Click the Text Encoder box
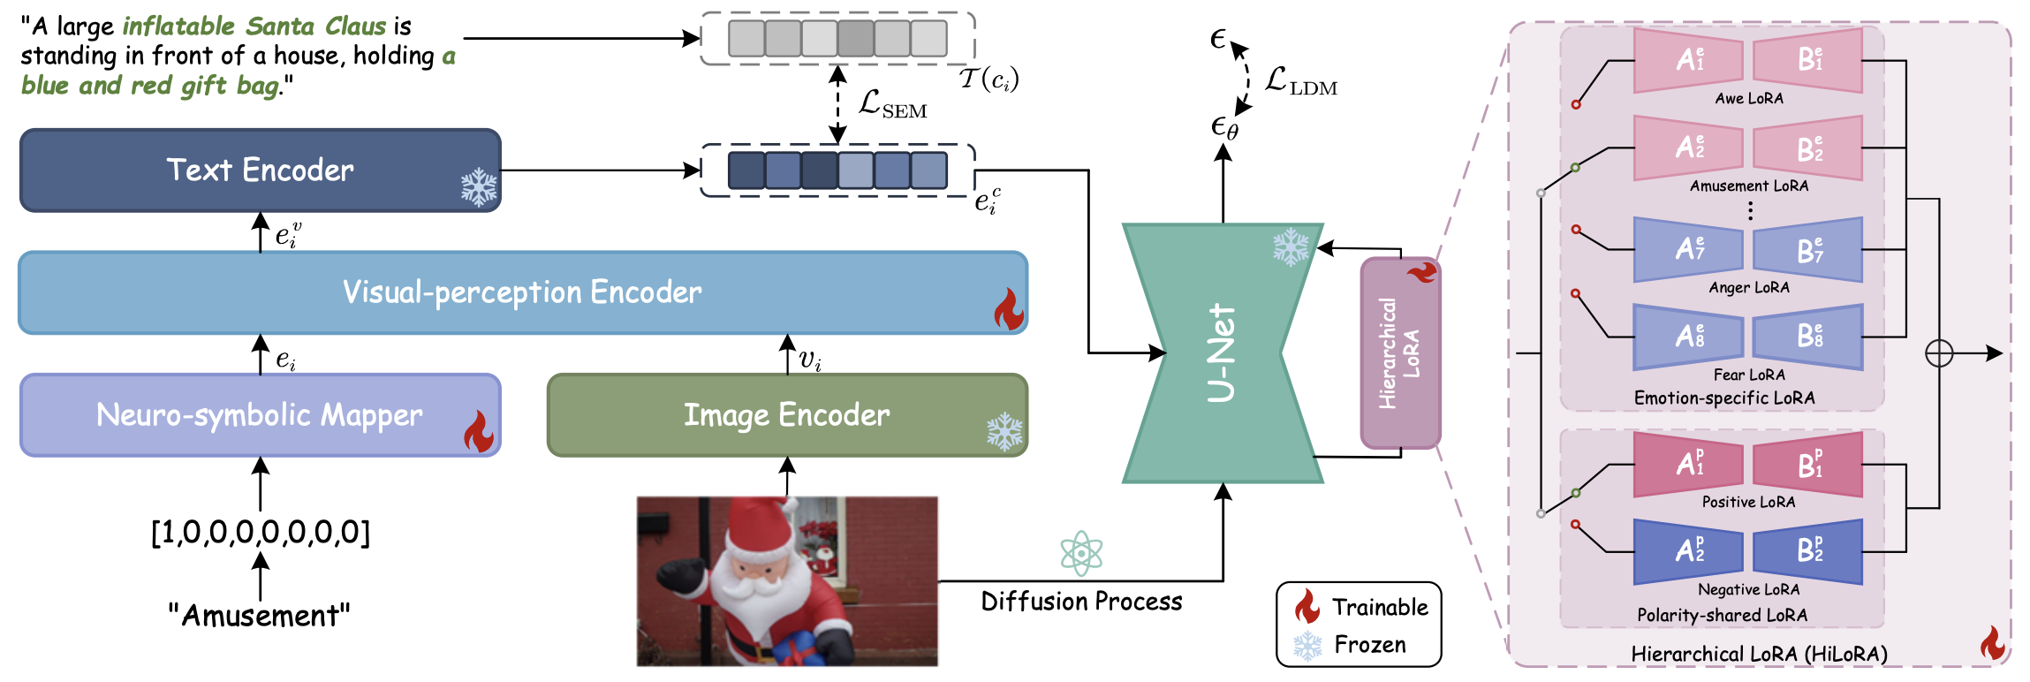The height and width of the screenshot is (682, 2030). pyautogui.click(x=260, y=170)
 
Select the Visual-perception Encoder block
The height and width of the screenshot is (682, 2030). pyautogui.click(x=521, y=292)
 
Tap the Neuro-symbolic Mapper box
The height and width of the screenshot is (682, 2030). pyautogui.click(x=260, y=415)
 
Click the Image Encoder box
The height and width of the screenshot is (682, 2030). pyautogui.click(x=786, y=415)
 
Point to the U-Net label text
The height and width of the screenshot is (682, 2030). pyautogui.click(x=1222, y=353)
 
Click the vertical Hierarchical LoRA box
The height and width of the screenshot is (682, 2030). pyautogui.click(x=1400, y=353)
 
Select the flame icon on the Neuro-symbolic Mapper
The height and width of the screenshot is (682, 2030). pyautogui.click(x=478, y=431)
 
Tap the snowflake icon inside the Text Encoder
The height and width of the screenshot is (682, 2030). pyautogui.click(x=479, y=187)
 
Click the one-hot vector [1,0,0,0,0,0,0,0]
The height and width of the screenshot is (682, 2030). pyautogui.click(x=260, y=533)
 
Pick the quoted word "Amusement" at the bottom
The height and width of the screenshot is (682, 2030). pyautogui.click(x=260, y=616)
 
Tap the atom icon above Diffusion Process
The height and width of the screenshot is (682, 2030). pyautogui.click(x=1081, y=554)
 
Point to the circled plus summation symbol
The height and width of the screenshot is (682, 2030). pyautogui.click(x=1939, y=353)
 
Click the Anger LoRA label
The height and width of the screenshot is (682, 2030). pyautogui.click(x=1749, y=288)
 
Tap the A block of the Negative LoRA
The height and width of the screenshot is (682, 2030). pyautogui.click(x=1688, y=551)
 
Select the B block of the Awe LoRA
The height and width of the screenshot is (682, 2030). pyautogui.click(x=1808, y=60)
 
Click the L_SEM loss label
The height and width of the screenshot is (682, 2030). pyautogui.click(x=892, y=105)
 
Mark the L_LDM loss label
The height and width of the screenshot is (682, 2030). pyautogui.click(x=1301, y=81)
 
